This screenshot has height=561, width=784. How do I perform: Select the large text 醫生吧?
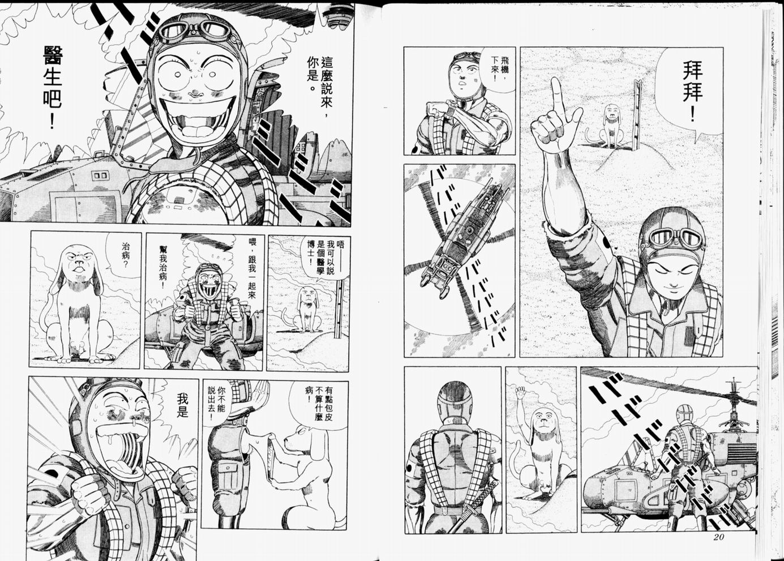[53, 87]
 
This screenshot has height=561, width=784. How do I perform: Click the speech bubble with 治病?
[123, 255]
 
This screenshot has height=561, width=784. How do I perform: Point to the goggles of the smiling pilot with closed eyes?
[675, 239]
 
